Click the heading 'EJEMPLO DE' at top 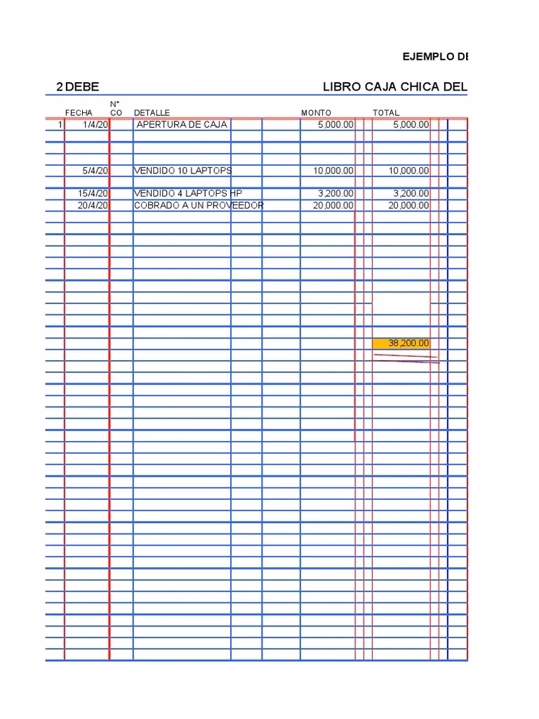click(435, 57)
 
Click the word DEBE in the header click(82, 87)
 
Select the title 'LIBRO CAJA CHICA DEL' click(394, 87)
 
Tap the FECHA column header click(79, 113)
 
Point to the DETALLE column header click(152, 113)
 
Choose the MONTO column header click(316, 113)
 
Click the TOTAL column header click(386, 113)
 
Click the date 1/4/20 click(95, 125)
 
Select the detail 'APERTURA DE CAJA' click(182, 125)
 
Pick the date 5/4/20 click(95, 171)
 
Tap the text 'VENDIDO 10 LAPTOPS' click(182, 171)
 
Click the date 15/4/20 click(93, 193)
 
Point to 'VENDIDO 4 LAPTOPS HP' click(187, 193)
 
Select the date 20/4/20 click(93, 205)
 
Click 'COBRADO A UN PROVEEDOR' click(199, 205)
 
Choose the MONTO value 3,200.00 click(335, 193)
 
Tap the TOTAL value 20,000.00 click(408, 205)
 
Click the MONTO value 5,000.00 click(335, 125)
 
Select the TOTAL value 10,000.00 click(408, 171)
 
